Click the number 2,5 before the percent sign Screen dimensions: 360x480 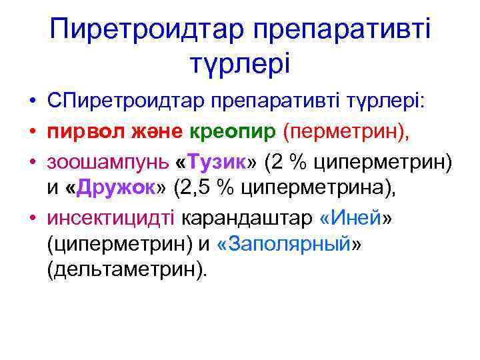[197, 189]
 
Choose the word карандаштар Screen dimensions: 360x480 [248, 218]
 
